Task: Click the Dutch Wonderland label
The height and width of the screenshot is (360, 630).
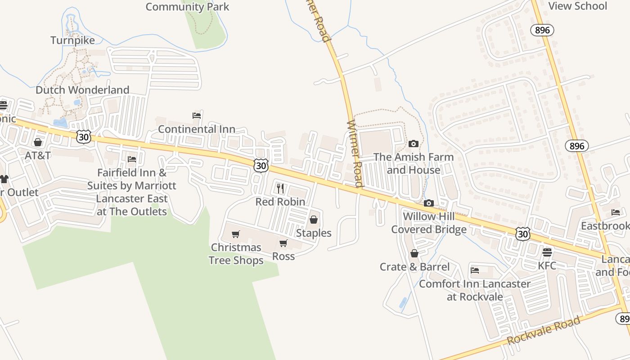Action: pyautogui.click(x=82, y=90)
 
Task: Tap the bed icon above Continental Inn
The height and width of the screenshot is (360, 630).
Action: pyautogui.click(x=197, y=116)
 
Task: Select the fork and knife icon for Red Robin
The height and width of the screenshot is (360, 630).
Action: pyautogui.click(x=280, y=188)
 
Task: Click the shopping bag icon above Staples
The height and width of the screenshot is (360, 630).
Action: pyautogui.click(x=314, y=220)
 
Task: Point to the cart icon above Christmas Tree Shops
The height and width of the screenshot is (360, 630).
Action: pyautogui.click(x=235, y=234)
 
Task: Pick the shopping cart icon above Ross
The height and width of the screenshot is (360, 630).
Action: pyautogui.click(x=283, y=243)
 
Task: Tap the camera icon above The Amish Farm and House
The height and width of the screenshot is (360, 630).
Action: pyautogui.click(x=413, y=144)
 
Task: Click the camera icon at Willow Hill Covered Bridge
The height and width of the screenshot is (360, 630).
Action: pyautogui.click(x=428, y=203)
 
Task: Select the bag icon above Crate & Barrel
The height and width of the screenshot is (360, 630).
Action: pyautogui.click(x=414, y=254)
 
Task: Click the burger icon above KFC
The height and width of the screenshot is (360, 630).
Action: pyautogui.click(x=547, y=252)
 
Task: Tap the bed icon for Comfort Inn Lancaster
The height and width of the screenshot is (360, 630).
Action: pyautogui.click(x=475, y=270)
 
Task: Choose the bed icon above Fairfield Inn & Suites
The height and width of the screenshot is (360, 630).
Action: pyautogui.click(x=132, y=159)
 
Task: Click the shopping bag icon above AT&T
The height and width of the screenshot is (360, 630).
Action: pyautogui.click(x=38, y=142)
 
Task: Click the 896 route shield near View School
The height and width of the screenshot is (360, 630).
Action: pyautogui.click(x=542, y=30)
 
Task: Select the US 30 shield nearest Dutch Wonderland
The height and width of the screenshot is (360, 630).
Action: pyautogui.click(x=83, y=137)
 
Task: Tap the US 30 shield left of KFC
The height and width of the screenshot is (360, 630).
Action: pyautogui.click(x=522, y=234)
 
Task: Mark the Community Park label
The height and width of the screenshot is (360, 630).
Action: pyautogui.click(x=187, y=7)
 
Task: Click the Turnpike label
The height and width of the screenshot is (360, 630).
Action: pyautogui.click(x=73, y=40)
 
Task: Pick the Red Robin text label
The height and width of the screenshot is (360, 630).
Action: pyautogui.click(x=280, y=202)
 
